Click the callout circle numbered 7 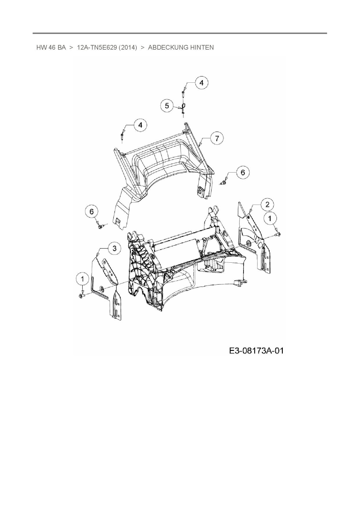(217, 138)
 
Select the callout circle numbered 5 (167, 106)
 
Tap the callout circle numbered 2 (267, 204)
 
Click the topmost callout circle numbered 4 (201, 83)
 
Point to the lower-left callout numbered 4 (141, 125)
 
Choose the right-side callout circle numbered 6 (243, 172)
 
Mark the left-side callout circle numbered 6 (92, 212)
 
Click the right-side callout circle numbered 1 (270, 218)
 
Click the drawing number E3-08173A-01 (256, 351)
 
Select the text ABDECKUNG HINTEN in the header (181, 47)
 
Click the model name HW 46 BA (51, 47)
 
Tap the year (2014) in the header (128, 47)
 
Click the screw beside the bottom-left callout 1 (81, 295)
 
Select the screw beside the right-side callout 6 (224, 183)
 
